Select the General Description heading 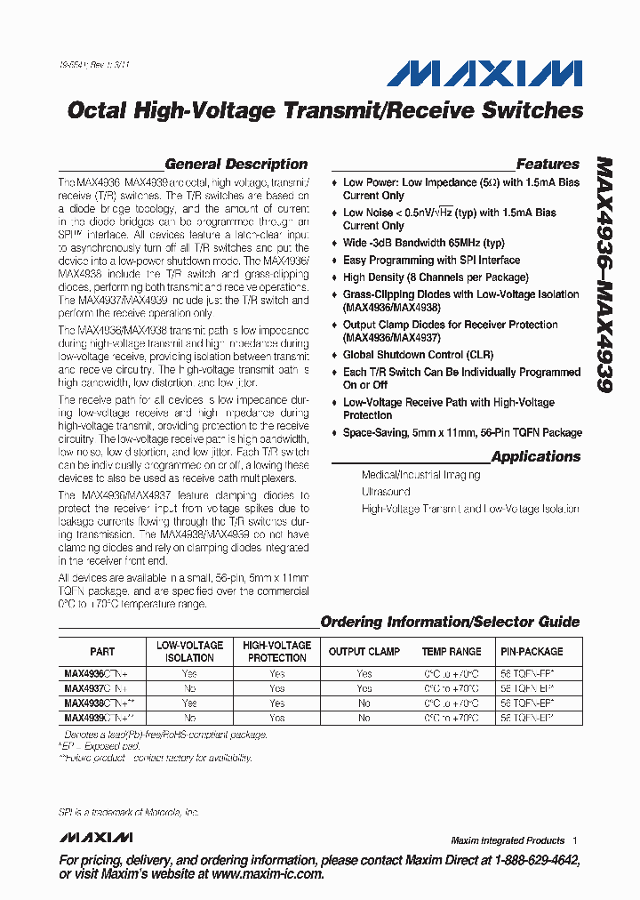[236, 164]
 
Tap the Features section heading [548, 164]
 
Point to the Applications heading [535, 456]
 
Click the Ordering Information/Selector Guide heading [450, 622]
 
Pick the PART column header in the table [102, 652]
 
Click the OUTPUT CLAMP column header [364, 652]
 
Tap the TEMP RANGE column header [452, 652]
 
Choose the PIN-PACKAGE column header [532, 652]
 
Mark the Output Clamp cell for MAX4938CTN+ [364, 703]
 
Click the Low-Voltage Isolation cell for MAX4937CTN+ [189, 688]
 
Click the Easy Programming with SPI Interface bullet [431, 261]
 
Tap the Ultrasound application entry [386, 492]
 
